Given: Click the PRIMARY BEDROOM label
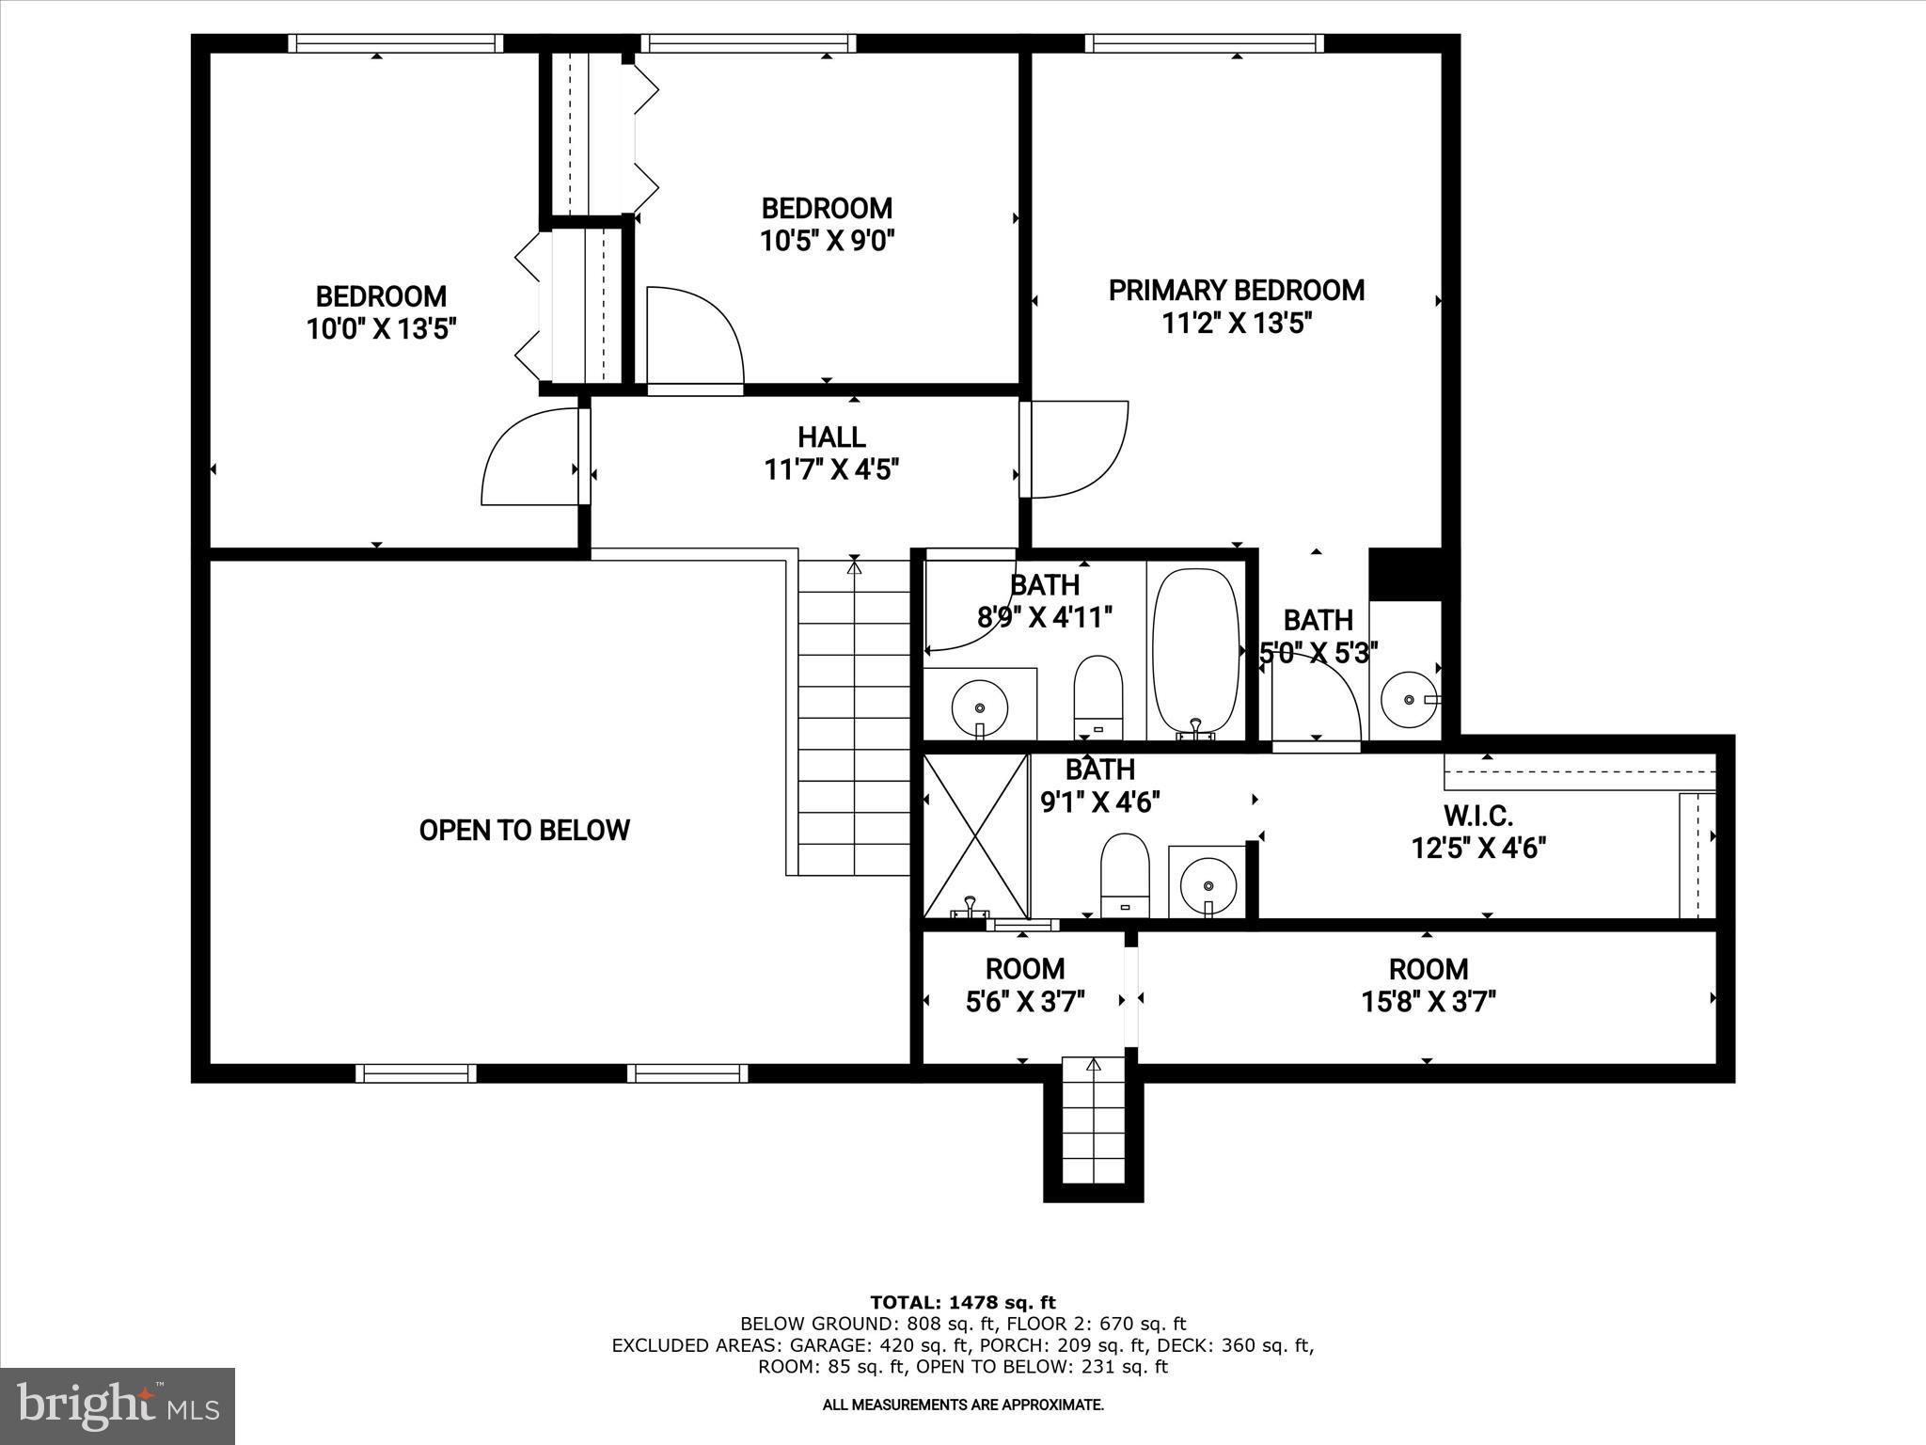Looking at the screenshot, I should (1236, 291).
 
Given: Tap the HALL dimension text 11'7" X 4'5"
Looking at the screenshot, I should (831, 469).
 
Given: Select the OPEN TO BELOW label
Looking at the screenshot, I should (524, 830).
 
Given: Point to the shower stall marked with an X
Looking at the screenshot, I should (976, 835).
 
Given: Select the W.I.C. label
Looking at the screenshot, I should (1477, 815).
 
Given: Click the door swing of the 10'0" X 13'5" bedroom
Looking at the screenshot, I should (527, 458).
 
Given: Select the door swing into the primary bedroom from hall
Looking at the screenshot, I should (1078, 450).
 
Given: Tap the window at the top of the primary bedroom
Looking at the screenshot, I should (1204, 43).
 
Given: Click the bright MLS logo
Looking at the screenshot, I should (118, 1405).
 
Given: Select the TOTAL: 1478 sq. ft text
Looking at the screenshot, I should (962, 1303).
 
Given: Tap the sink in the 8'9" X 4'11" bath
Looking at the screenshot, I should (980, 707).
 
